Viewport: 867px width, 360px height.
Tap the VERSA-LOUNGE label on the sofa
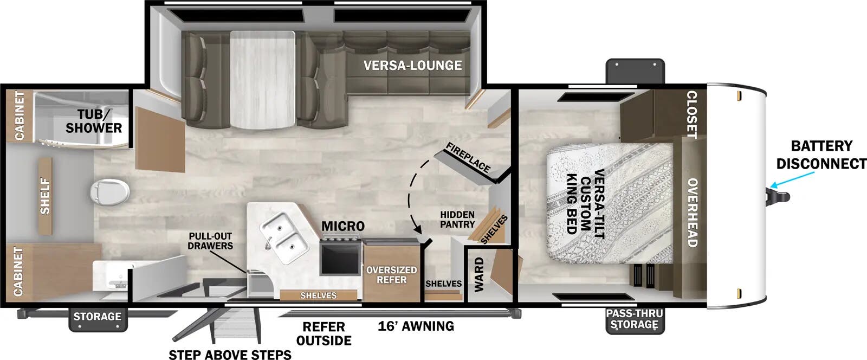point(412,66)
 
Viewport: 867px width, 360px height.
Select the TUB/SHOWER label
point(94,121)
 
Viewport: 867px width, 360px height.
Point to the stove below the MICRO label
point(341,258)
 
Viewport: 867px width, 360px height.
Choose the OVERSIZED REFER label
point(391,274)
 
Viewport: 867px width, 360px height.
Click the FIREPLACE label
point(468,157)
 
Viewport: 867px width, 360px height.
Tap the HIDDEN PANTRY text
point(457,220)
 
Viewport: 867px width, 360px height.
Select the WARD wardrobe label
point(479,275)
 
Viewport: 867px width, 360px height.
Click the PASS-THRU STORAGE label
point(634,319)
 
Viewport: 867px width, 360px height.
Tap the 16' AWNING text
point(416,326)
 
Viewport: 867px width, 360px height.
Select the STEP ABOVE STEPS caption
point(230,355)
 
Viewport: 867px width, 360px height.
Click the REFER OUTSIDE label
point(323,333)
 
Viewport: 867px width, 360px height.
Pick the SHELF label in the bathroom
point(45,196)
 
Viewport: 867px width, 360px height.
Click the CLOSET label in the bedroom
point(692,114)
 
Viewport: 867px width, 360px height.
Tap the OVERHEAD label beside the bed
point(692,213)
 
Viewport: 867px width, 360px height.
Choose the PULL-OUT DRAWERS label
point(210,241)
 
